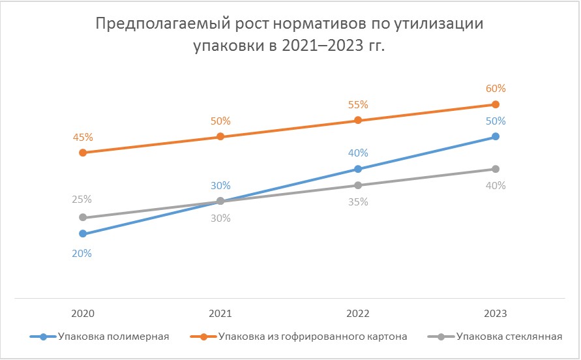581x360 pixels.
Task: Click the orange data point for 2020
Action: pos(83,153)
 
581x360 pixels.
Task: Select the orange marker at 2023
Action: pos(495,104)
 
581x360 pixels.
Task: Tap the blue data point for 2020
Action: pos(83,233)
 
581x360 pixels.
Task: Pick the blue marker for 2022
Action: pos(358,169)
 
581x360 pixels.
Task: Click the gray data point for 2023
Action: pos(495,169)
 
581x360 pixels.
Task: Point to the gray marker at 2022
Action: pos(358,185)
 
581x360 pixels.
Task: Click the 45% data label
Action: pos(83,137)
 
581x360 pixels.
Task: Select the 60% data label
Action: pos(495,89)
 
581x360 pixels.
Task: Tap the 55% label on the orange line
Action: pos(358,104)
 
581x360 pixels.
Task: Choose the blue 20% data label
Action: pos(82,254)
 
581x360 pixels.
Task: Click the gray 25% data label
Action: pos(82,199)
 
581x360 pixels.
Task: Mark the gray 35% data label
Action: pos(358,202)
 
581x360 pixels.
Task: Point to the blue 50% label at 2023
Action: pos(495,121)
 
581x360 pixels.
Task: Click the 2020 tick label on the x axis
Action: pos(83,313)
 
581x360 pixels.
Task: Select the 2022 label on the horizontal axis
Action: pos(358,313)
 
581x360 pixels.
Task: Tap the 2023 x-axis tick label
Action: pos(495,313)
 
